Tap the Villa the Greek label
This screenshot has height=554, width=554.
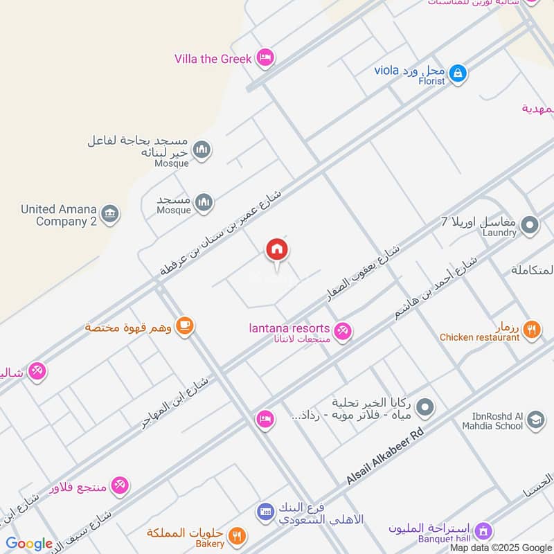pos(213,59)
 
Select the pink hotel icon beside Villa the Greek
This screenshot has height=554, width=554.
pos(264,58)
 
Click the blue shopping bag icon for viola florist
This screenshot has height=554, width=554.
pos(457,72)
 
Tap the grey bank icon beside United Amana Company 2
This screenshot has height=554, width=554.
pos(109,214)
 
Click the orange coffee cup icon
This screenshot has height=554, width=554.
pos(184,325)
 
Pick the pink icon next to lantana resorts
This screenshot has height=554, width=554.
pos(342,332)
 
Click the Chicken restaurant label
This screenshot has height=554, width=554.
pos(479,337)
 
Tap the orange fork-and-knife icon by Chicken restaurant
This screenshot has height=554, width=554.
pos(531,330)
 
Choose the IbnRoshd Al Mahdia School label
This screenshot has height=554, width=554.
pos(492,420)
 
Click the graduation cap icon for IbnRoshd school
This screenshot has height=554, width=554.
pos(535,419)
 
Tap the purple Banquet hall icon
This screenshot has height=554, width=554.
pos(483,530)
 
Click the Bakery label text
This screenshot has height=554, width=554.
pos(210,544)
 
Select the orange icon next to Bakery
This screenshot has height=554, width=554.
pos(237,535)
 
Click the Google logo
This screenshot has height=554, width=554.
pos(29,544)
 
